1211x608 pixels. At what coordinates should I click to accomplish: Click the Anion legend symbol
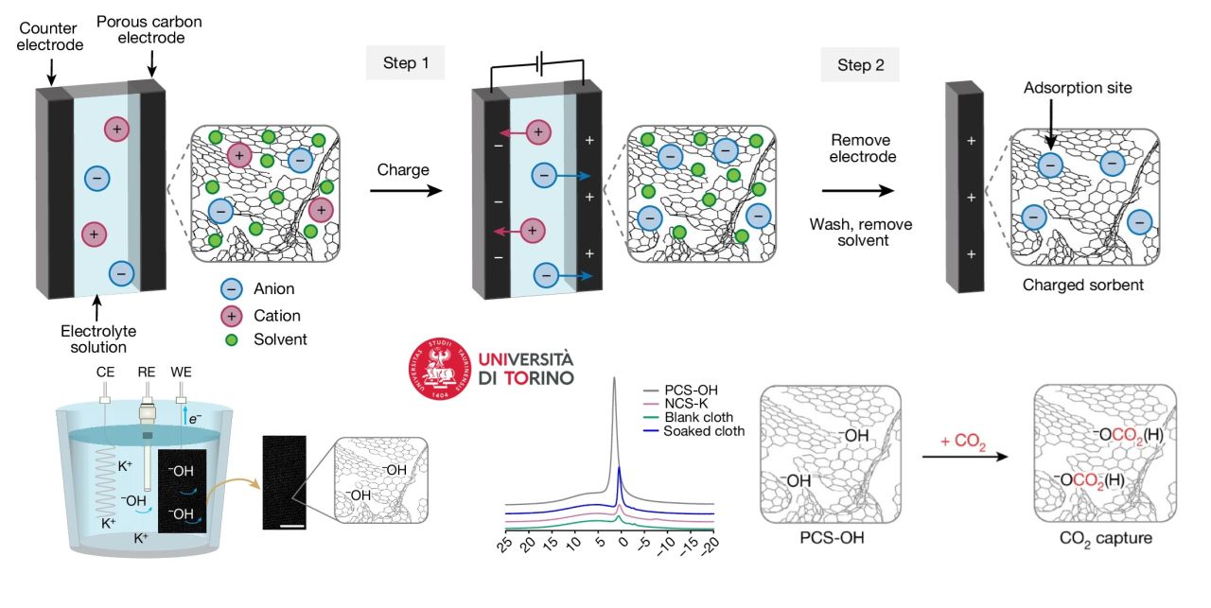pos(230,290)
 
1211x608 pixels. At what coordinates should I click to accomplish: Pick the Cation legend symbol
pos(230,316)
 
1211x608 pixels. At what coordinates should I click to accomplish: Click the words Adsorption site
pos(1077,88)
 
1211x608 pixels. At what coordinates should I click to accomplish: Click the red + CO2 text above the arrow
pos(963,441)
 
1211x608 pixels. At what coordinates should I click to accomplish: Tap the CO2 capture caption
pos(1106,540)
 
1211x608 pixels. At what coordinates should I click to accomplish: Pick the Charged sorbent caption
pos(1078,285)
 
